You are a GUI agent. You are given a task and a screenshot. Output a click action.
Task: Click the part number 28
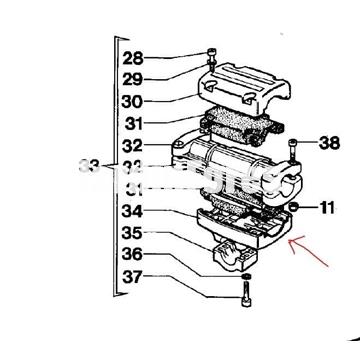pyautogui.click(x=162, y=57)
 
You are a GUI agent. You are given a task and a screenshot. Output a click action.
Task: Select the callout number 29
pyautogui.click(x=162, y=78)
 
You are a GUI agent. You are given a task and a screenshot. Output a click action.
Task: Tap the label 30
pyautogui.click(x=162, y=100)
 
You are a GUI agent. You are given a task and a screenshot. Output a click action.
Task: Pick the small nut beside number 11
pyautogui.click(x=295, y=207)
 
